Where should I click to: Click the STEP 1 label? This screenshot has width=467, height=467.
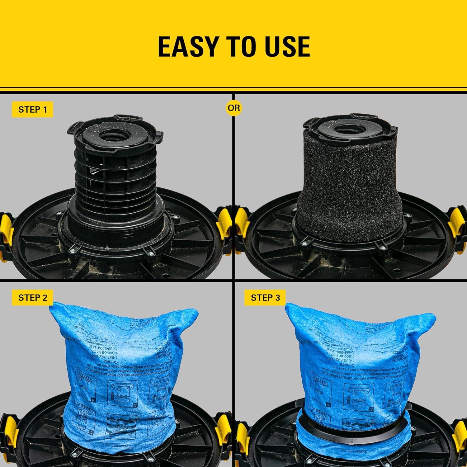(32, 110)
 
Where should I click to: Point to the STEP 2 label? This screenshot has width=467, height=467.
(32, 298)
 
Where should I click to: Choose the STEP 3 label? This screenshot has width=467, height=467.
(265, 298)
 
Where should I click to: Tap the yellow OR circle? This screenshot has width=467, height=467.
(234, 108)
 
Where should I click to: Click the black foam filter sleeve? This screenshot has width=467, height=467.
(349, 177)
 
